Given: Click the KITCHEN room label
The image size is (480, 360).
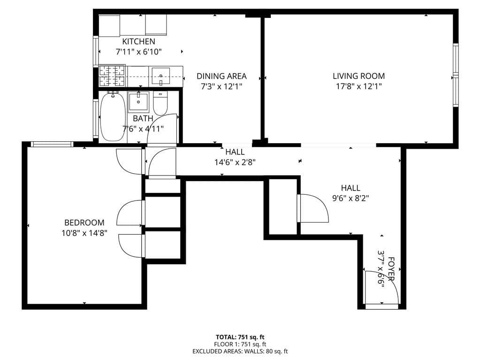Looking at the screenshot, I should (x=138, y=42).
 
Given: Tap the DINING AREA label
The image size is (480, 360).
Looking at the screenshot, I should (x=221, y=76).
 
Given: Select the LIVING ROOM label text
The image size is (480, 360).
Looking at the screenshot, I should (x=358, y=76).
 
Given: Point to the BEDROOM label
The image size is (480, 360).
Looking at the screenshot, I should (x=84, y=222).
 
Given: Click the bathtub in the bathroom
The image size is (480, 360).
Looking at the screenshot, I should (x=113, y=117).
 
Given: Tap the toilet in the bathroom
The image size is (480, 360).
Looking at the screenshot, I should (x=160, y=103).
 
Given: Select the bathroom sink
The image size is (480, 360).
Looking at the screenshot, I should (x=138, y=101).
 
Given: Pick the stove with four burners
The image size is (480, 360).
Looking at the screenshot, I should (x=112, y=76).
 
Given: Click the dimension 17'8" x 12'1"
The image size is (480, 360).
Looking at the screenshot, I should (x=358, y=86).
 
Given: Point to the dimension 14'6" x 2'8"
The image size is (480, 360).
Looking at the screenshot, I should (x=235, y=162).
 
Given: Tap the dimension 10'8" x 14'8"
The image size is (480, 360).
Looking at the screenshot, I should (x=84, y=233).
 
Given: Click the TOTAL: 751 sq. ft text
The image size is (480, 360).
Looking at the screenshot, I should (x=240, y=337).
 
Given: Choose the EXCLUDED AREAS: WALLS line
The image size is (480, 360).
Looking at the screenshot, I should (x=240, y=351).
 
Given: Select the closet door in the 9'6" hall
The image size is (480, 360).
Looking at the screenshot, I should (x=312, y=208).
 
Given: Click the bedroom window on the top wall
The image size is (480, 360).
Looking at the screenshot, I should (x=52, y=144).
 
